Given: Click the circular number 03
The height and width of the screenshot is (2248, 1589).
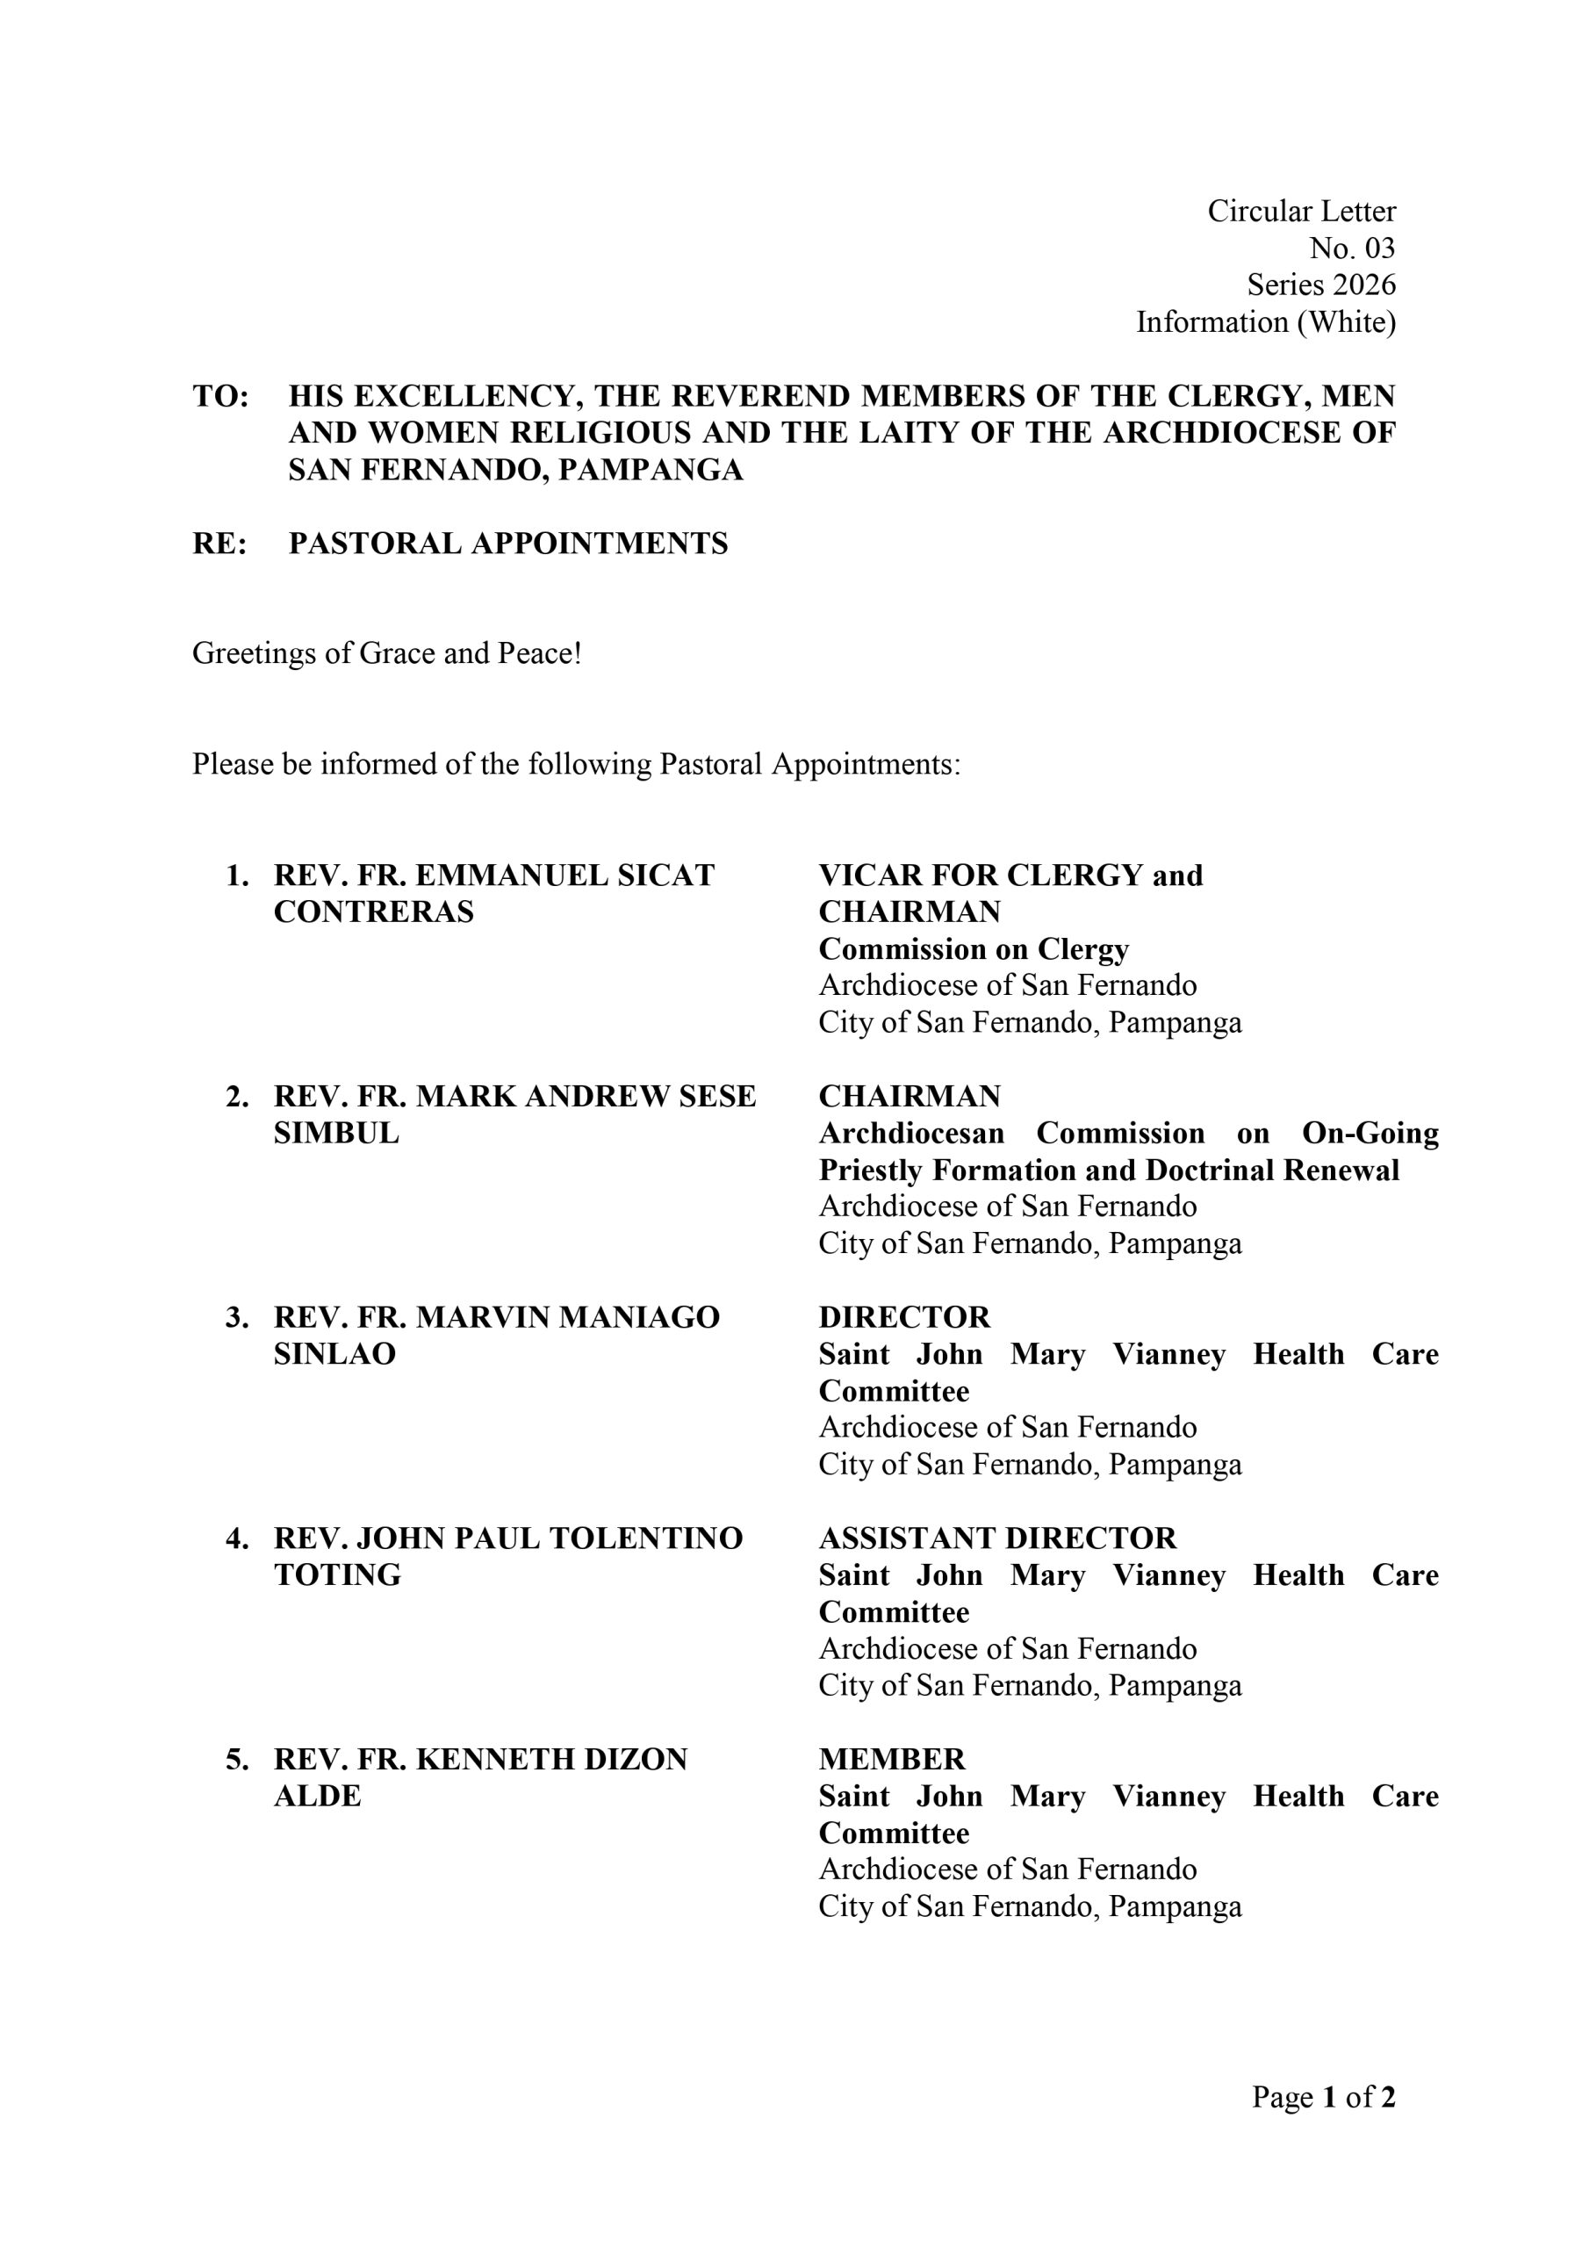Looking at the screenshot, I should click(1378, 248).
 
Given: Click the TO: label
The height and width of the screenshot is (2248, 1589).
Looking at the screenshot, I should click(220, 397).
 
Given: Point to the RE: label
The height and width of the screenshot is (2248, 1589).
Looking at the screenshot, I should click(219, 544).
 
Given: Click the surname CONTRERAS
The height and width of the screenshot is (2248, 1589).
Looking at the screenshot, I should click(373, 911).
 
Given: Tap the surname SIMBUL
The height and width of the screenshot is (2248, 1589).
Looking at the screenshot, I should click(336, 1133).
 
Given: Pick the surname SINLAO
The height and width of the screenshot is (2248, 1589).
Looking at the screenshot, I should click(334, 1353).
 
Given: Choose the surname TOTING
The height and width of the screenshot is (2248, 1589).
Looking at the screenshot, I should click(337, 1574).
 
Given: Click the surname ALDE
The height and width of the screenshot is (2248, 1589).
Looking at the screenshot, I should click(317, 1796).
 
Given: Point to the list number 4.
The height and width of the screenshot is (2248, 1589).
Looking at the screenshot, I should click(236, 1538).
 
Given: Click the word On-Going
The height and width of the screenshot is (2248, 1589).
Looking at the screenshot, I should click(1370, 1133).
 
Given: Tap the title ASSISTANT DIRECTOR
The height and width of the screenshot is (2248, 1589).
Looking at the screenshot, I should click(996, 1538).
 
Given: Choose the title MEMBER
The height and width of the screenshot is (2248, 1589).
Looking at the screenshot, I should click(891, 1760).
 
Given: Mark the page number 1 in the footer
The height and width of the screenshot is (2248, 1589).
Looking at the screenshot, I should click(1328, 2096).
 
